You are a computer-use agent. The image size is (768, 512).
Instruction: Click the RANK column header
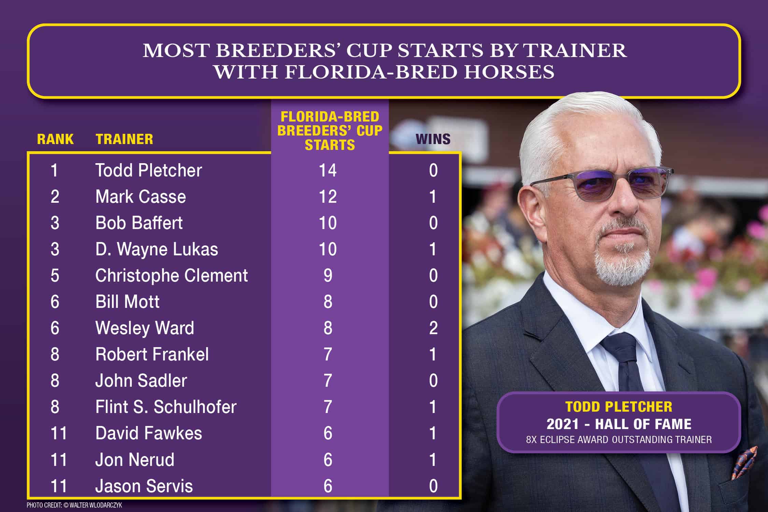pyautogui.click(x=55, y=139)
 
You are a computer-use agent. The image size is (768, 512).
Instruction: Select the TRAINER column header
pyautogui.click(x=124, y=139)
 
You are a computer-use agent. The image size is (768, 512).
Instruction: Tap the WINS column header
pyautogui.click(x=433, y=139)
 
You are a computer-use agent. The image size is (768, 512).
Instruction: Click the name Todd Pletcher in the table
pyautogui.click(x=148, y=170)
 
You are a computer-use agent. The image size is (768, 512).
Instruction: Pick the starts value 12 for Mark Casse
pyautogui.click(x=328, y=197)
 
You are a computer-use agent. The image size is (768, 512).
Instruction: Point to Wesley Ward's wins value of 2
pyautogui.click(x=433, y=328)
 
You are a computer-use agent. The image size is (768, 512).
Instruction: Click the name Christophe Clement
pyautogui.click(x=171, y=275)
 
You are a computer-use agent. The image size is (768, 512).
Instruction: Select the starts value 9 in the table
pyautogui.click(x=328, y=275)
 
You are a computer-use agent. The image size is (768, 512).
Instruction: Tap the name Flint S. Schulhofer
pyautogui.click(x=166, y=407)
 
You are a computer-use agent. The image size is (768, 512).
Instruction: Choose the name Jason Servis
pyautogui.click(x=144, y=486)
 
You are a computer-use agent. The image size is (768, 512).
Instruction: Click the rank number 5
pyautogui.click(x=55, y=275)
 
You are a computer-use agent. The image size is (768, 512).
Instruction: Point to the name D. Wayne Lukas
pyautogui.click(x=157, y=249)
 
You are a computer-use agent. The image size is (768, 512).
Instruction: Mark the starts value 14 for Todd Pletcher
pyautogui.click(x=328, y=170)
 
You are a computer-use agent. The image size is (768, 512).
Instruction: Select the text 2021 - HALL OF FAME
pyautogui.click(x=619, y=424)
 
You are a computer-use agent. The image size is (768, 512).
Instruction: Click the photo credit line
pyautogui.click(x=74, y=505)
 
